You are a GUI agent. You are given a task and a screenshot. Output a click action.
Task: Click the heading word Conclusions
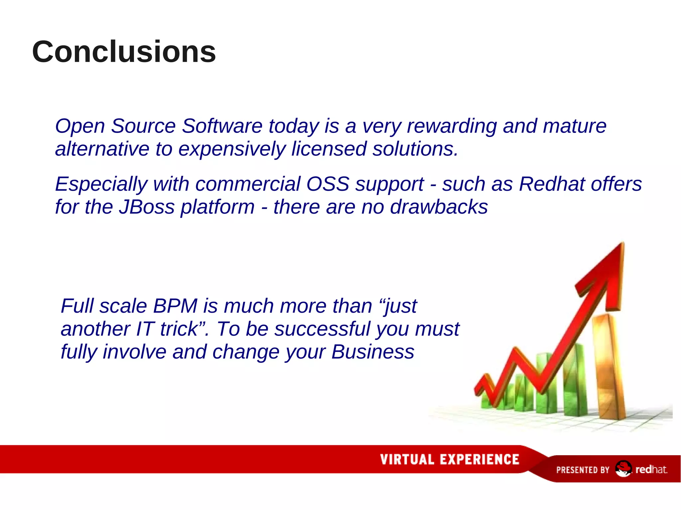tap(124, 52)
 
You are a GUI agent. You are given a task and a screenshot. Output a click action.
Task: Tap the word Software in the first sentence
tap(222, 126)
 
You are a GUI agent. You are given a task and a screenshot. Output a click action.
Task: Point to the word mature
tap(574, 126)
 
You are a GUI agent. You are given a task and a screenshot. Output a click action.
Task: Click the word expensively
tap(232, 149)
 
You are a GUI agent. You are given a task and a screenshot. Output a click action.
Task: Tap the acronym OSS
tap(328, 184)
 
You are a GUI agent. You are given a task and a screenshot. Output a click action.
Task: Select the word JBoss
tap(147, 207)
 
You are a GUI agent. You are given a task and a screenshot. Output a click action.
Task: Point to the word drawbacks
tap(439, 207)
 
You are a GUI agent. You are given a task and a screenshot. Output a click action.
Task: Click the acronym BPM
tap(175, 306)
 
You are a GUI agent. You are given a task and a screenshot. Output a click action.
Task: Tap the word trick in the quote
tap(179, 329)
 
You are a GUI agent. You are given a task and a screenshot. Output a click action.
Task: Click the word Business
tap(373, 352)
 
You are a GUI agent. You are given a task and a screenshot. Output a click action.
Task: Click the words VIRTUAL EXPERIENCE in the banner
tap(450, 459)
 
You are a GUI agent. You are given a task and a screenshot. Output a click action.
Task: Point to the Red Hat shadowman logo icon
tap(623, 469)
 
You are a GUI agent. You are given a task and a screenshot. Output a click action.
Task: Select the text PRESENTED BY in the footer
tap(583, 470)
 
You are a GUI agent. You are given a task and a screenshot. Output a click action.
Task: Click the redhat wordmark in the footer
tap(651, 469)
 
